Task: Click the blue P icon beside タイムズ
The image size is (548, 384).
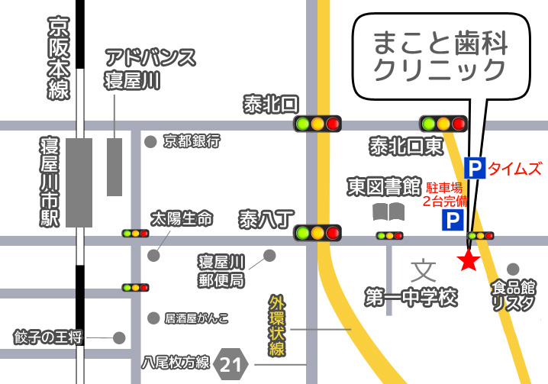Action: click(x=475, y=168)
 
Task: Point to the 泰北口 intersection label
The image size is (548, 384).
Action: click(x=272, y=104)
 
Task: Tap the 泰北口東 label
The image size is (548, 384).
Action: click(x=406, y=145)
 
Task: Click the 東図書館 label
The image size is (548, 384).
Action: click(x=384, y=186)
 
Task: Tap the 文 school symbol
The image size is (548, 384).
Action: click(x=423, y=269)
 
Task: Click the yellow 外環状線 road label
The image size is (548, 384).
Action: click(x=276, y=324)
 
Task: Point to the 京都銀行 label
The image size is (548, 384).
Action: click(x=192, y=141)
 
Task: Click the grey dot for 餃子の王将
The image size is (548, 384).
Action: click(x=119, y=337)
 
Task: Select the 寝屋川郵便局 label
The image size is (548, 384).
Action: click(x=221, y=270)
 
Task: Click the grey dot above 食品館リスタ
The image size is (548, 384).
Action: click(x=513, y=269)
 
